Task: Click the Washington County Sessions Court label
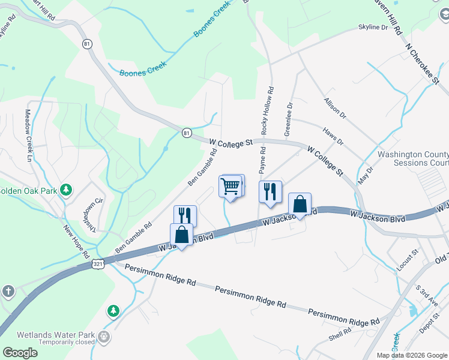point(413,158)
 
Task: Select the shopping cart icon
point(231,187)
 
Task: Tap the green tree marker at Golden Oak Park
point(66,191)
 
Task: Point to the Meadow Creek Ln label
point(28,136)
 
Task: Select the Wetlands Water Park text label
point(56,334)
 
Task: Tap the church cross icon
point(8,291)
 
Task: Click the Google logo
point(20,352)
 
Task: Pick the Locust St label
point(407,262)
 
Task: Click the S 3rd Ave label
point(427,295)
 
